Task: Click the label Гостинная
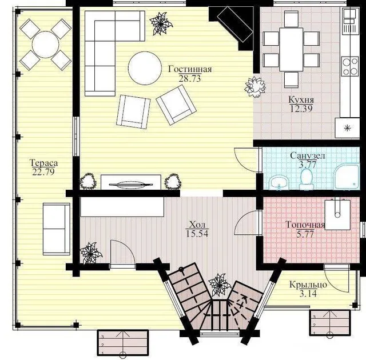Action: pyautogui.click(x=190, y=69)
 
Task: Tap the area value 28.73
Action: pyautogui.click(x=190, y=79)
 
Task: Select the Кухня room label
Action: pyautogui.click(x=301, y=99)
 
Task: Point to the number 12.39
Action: pyautogui.click(x=301, y=109)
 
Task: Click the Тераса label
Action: pyautogui.click(x=44, y=162)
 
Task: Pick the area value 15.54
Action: pyautogui.click(x=197, y=233)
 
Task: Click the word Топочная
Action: pyautogui.click(x=305, y=225)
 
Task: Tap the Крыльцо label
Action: pyautogui.click(x=308, y=285)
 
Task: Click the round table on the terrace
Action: pyautogui.click(x=45, y=45)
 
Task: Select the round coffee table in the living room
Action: pyautogui.click(x=145, y=68)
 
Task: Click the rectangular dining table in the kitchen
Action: pyautogui.click(x=291, y=50)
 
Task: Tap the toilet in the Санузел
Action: pyautogui.click(x=307, y=178)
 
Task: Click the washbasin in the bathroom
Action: pyautogui.click(x=280, y=182)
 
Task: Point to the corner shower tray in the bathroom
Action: pyautogui.click(x=347, y=176)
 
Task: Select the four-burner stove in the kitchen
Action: pyautogui.click(x=350, y=66)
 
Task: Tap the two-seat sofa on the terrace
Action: pyautogui.click(x=56, y=229)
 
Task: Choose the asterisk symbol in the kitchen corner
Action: pyautogui.click(x=348, y=128)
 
